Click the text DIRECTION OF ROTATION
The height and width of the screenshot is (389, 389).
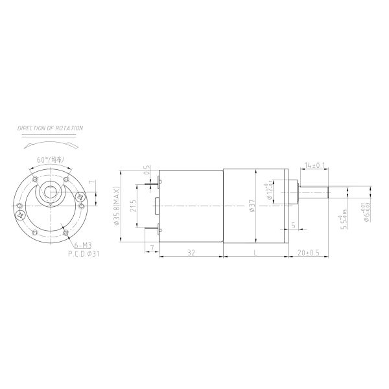[50, 128]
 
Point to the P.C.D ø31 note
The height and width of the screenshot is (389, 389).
[83, 254]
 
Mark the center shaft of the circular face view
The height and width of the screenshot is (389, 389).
[50, 193]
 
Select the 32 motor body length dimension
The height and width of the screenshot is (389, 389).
[191, 253]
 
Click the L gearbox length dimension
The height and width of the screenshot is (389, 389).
[255, 253]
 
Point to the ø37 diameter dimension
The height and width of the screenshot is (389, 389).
[252, 206]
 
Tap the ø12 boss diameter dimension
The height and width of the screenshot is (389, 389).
[268, 193]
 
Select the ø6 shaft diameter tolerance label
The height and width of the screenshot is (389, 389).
[367, 211]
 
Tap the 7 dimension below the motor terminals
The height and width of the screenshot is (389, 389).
[152, 248]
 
